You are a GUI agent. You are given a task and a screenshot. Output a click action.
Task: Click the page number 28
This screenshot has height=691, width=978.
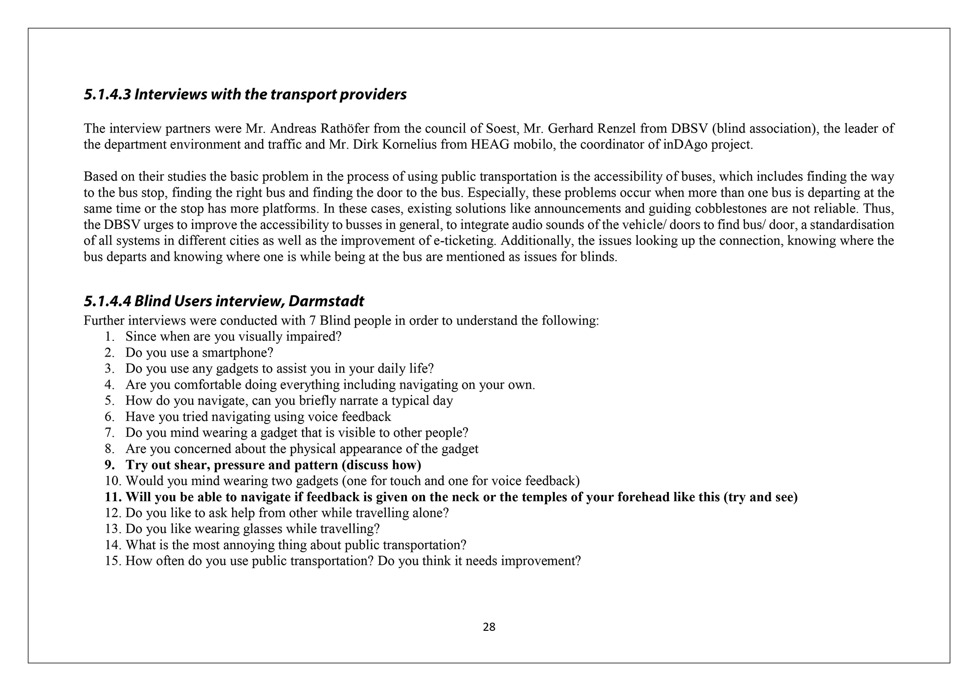coord(489,627)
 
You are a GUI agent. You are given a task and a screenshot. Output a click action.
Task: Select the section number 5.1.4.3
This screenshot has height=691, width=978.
coord(107,94)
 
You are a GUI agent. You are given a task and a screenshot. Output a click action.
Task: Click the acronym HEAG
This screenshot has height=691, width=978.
coord(493,145)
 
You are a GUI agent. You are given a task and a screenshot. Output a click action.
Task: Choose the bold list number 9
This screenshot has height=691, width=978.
coord(110,465)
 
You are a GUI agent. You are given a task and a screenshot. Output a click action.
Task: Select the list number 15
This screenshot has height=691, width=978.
coord(112,561)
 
